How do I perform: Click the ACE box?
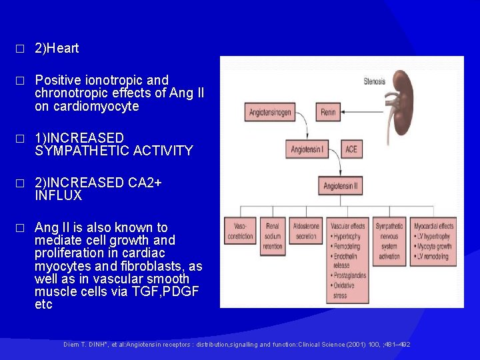351,149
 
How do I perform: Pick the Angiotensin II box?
342,187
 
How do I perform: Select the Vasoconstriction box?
239,231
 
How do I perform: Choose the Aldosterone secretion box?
305,231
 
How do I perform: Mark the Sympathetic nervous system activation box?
389,241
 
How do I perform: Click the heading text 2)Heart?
57,48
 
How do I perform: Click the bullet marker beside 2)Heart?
20,49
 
